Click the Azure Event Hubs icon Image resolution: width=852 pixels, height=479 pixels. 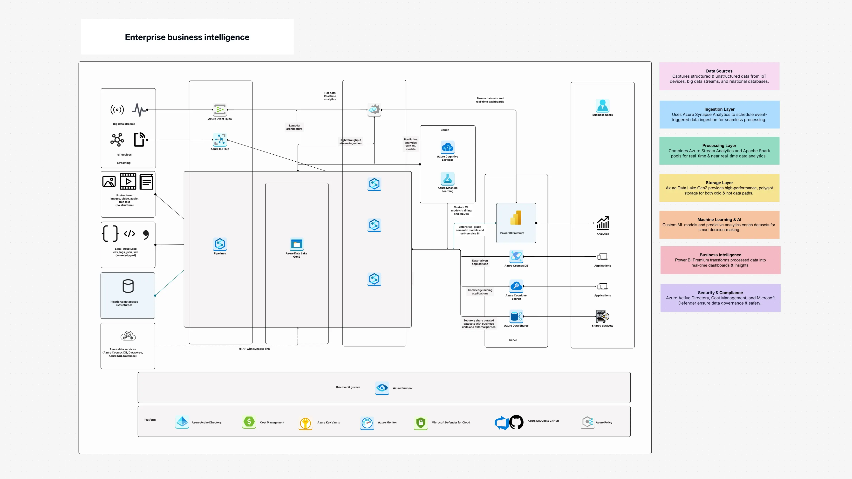tap(220, 110)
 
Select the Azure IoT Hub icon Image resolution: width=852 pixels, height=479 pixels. tap(220, 140)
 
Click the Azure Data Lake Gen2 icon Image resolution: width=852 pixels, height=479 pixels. tap(296, 244)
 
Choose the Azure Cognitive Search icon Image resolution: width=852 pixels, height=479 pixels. tap(516, 286)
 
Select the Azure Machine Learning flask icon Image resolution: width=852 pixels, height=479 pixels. tap(448, 179)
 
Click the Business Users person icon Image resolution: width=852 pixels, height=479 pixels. tap(602, 106)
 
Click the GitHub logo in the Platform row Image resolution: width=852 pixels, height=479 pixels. tap(516, 422)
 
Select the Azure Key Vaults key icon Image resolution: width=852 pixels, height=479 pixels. tap(305, 423)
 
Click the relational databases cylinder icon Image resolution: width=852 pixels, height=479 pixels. tap(128, 286)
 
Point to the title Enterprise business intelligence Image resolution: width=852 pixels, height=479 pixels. tap(187, 37)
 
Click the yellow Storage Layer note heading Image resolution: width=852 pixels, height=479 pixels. tap(719, 183)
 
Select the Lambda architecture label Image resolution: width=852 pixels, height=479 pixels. tap(294, 127)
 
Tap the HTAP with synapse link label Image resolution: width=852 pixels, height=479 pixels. tap(254, 349)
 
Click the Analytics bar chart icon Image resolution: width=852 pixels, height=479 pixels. tap(603, 223)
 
